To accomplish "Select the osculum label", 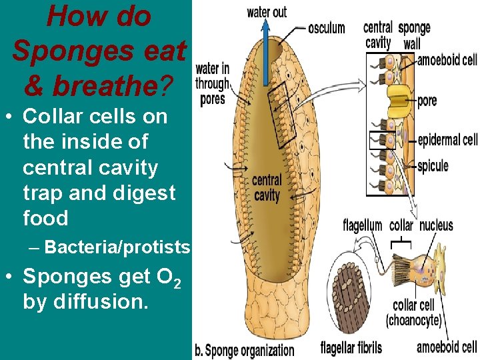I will click(x=327, y=28).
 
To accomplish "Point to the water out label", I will click(x=267, y=12).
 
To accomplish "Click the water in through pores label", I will click(x=213, y=84).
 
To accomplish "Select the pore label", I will click(x=427, y=101).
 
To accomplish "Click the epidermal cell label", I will click(x=447, y=140).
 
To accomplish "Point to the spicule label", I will click(x=433, y=165).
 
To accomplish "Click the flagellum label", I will click(x=363, y=225).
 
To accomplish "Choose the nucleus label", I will click(x=436, y=225).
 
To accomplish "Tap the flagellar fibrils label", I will click(x=351, y=347).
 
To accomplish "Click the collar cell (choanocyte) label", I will click(x=413, y=313).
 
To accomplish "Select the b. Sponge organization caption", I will click(x=244, y=349).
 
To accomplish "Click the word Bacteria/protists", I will click(x=118, y=248).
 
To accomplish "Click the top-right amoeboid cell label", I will click(x=447, y=60).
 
